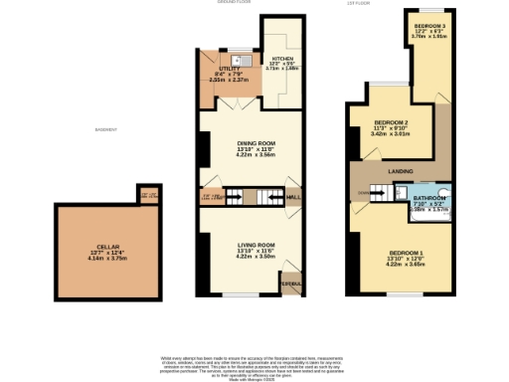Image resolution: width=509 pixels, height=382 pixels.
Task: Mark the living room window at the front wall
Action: point(240,294)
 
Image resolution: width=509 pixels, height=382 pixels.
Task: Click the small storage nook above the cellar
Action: point(147,194)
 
